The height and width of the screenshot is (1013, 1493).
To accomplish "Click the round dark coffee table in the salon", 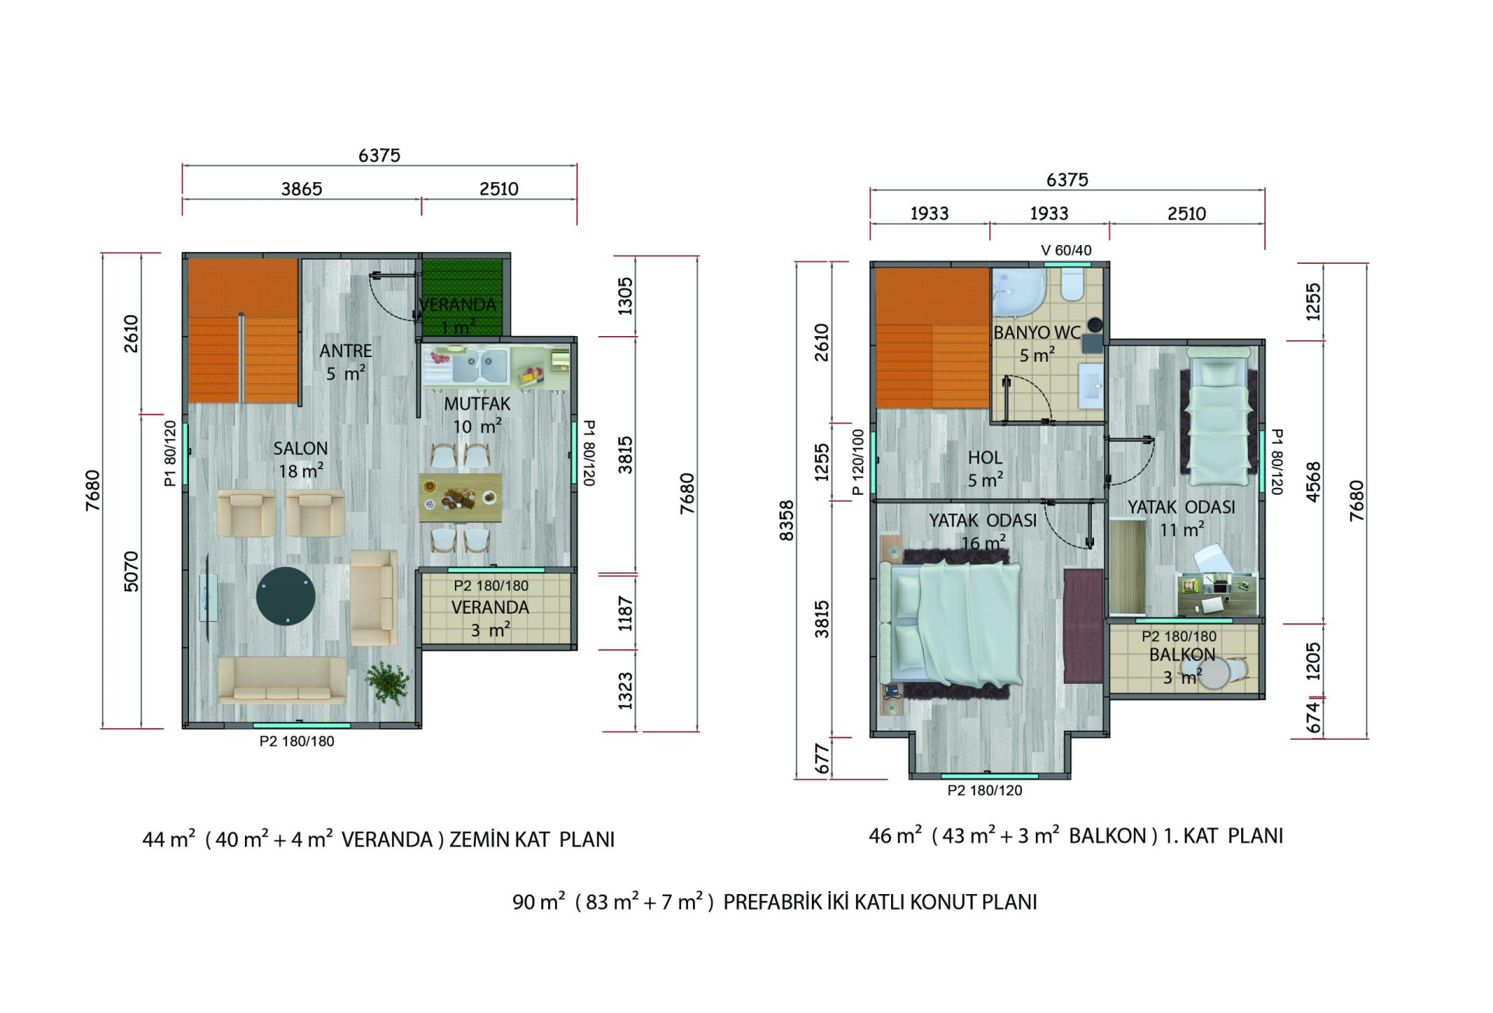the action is click(x=286, y=596).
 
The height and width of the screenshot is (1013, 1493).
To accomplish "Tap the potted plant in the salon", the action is click(x=387, y=682).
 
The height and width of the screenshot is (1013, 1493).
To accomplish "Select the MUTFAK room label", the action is click(x=477, y=405).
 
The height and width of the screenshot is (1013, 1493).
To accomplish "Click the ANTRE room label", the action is click(x=346, y=351).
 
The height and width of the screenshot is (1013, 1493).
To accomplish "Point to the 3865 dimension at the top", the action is click(x=302, y=189).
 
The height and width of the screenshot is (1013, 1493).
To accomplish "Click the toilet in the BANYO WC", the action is click(x=1072, y=286).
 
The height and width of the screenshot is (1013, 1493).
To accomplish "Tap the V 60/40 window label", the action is click(x=1066, y=251).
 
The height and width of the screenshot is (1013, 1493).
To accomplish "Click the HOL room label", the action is click(x=985, y=457).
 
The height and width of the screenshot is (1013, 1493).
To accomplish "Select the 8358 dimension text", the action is click(x=787, y=521).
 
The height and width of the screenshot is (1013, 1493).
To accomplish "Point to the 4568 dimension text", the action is click(x=1313, y=482).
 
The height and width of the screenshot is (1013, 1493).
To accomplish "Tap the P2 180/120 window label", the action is click(x=984, y=790).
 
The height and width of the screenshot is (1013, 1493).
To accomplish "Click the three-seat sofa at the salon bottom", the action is click(x=282, y=680).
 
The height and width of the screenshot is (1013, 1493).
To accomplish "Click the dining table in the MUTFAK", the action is click(x=460, y=498).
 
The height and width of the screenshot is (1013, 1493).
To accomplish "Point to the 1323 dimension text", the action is click(x=625, y=691).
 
